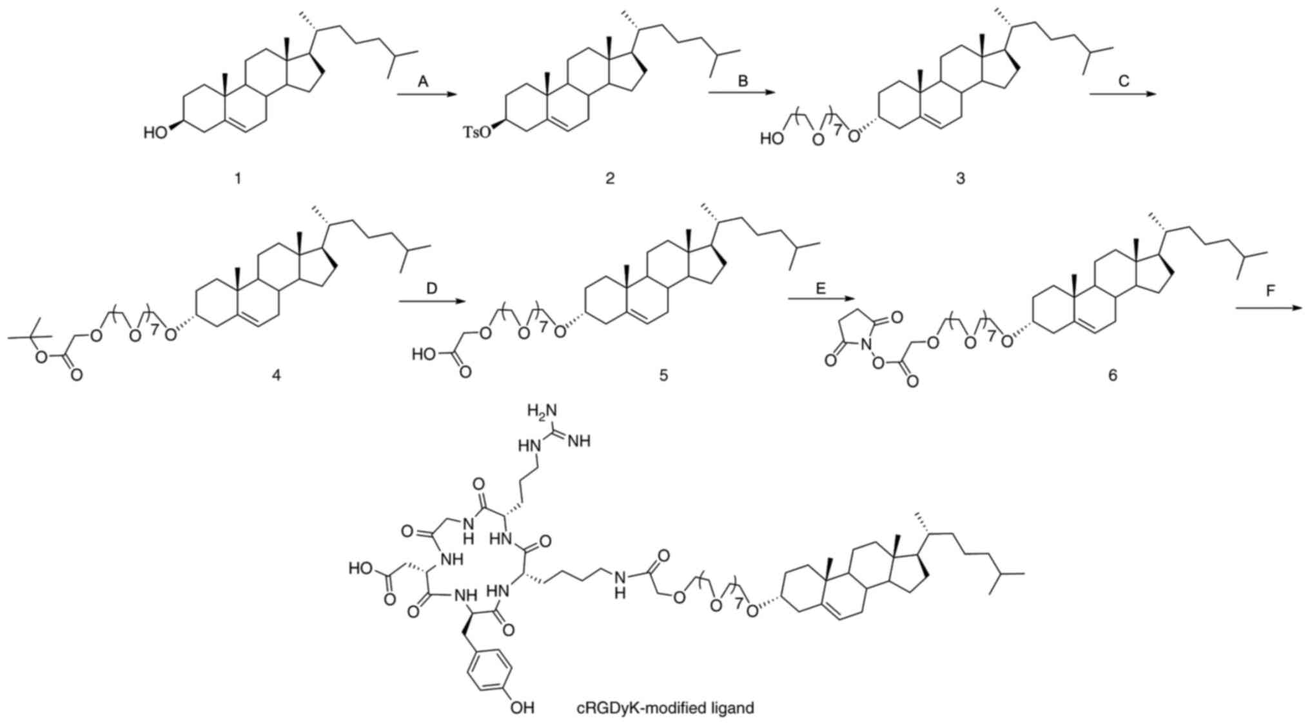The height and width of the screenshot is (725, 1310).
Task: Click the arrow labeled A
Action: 426,95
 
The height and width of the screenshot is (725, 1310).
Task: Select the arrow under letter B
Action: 741,94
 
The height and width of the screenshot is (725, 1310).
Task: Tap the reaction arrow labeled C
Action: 1122,94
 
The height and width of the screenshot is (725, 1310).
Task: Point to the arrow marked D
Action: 431,301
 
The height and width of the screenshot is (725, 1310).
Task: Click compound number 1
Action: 238,178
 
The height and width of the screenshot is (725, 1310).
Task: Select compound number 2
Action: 610,178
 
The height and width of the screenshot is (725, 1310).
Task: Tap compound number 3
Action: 960,178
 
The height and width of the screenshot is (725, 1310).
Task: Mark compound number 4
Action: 276,375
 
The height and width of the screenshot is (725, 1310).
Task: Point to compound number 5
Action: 663,375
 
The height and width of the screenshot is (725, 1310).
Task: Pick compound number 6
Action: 1112,375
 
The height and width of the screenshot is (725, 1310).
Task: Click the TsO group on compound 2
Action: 475,133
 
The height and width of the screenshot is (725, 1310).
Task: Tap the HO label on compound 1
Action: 156,133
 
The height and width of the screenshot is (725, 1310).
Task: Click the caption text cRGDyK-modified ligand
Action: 665,708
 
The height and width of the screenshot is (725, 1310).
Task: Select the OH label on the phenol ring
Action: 522,708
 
